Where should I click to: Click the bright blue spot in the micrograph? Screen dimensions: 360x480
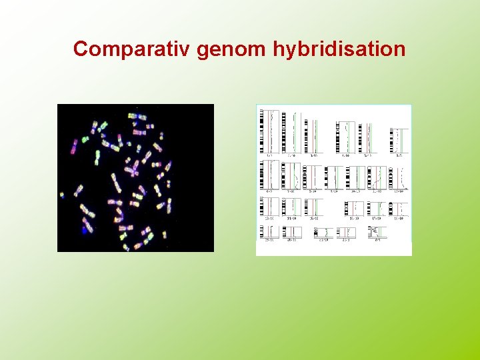tap(85, 230)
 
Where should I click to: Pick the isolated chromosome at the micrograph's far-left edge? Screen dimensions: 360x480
tap(62, 195)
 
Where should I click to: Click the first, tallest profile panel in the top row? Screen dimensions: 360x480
tap(269, 132)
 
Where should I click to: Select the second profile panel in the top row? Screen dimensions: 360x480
tap(291, 133)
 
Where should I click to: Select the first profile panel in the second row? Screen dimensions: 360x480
tap(269, 176)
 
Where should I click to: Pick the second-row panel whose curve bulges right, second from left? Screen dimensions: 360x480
tap(291, 177)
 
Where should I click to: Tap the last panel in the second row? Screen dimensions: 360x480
tap(399, 178)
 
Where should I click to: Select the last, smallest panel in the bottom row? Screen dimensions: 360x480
tap(377, 233)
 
